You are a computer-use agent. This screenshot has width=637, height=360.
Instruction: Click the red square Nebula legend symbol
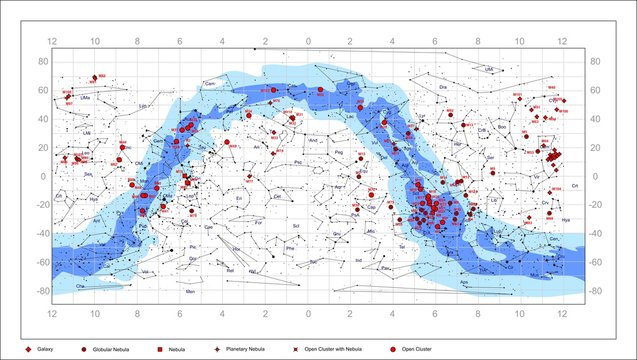161,350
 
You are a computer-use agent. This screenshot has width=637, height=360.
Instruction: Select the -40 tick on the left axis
44,234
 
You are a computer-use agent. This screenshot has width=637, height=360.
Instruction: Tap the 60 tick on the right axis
593,90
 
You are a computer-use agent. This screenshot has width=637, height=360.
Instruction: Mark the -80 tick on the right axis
593,291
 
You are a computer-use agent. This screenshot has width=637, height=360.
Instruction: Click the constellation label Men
190,291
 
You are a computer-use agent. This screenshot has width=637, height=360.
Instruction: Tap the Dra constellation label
442,87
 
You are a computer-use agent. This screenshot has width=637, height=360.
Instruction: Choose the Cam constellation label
210,83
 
